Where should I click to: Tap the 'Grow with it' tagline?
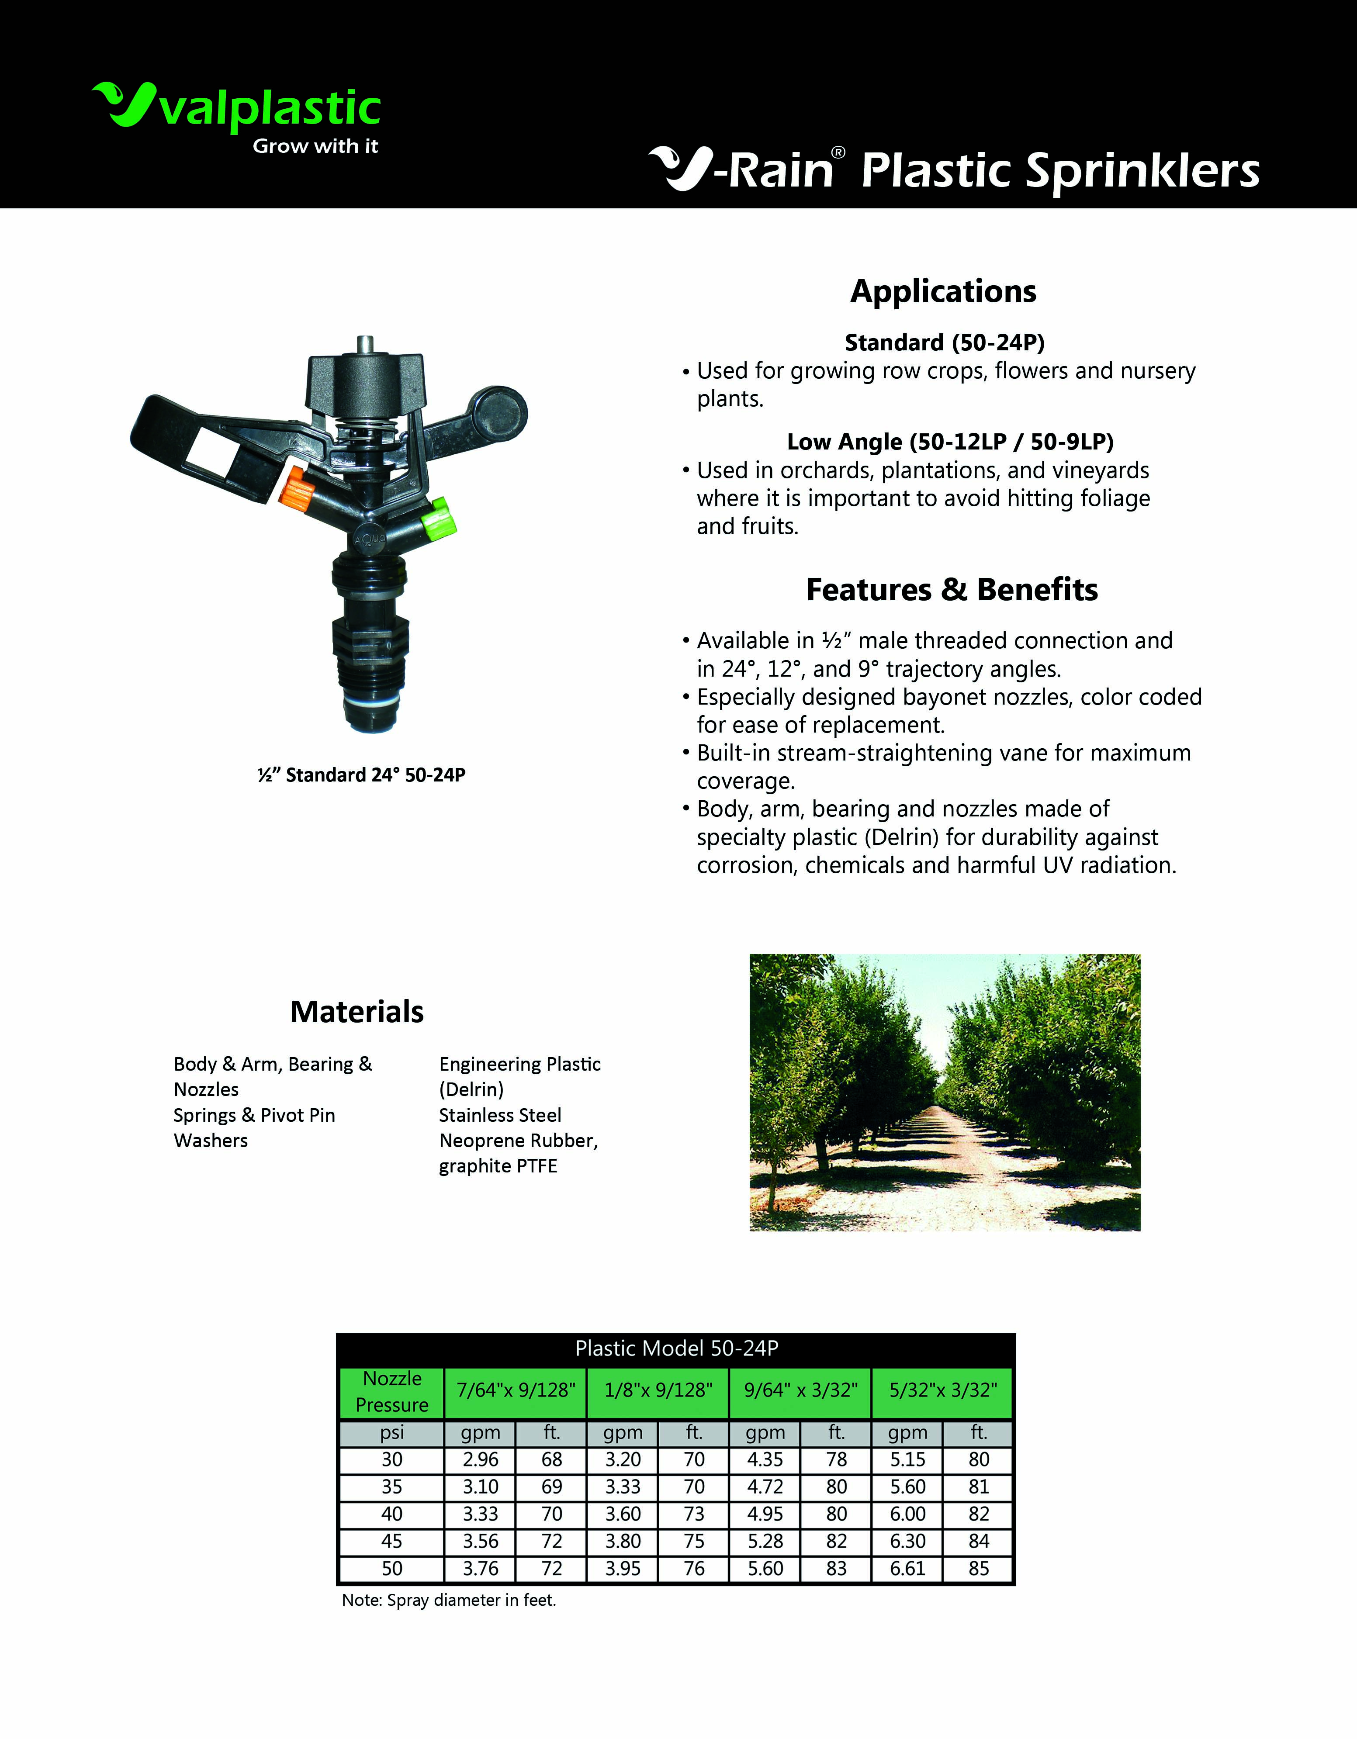point(315,146)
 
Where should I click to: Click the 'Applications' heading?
point(943,291)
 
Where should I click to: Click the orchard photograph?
point(945,1092)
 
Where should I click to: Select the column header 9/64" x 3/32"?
point(800,1390)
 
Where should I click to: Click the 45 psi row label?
point(392,1542)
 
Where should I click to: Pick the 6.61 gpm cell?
point(908,1569)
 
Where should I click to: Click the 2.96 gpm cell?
point(480,1459)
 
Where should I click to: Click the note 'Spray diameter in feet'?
point(449,1601)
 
